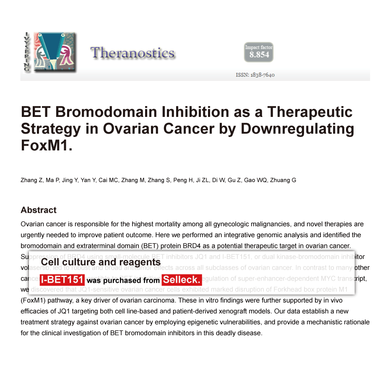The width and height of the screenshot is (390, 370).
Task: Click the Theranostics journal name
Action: point(132,53)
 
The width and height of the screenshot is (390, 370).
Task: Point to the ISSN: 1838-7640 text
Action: point(255,75)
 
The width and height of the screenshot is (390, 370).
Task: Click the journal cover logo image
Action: point(55,51)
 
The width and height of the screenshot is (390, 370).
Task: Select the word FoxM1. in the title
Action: point(47,145)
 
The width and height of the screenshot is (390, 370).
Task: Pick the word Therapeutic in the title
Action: point(310,112)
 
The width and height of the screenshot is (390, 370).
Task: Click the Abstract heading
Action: point(39,210)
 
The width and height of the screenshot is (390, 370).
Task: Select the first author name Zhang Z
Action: point(32,180)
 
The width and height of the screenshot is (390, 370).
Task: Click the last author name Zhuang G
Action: point(284,180)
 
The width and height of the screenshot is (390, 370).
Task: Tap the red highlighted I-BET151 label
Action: point(62,279)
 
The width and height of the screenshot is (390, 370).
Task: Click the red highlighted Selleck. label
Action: point(182,279)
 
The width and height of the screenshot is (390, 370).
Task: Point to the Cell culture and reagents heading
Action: point(101,262)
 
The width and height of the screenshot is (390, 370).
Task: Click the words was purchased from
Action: point(123,280)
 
